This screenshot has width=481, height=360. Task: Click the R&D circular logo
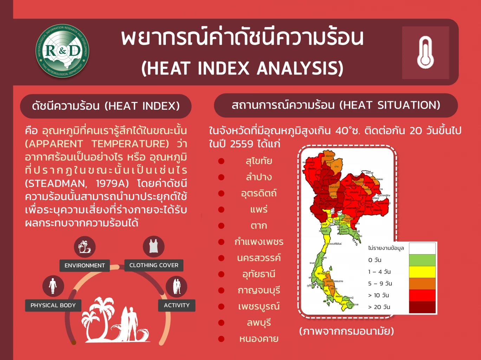click(63, 51)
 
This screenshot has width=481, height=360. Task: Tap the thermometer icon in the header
click(425, 53)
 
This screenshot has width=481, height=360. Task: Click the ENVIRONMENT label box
click(85, 265)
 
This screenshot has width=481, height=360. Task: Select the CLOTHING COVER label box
click(154, 265)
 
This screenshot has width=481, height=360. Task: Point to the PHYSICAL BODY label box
click(53, 305)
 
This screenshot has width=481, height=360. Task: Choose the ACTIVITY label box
click(176, 305)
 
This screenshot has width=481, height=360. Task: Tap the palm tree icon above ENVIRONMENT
click(85, 247)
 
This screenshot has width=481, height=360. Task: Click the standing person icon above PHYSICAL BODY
click(53, 286)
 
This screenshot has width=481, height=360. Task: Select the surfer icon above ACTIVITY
click(176, 287)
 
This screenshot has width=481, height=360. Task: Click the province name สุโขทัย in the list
click(259, 161)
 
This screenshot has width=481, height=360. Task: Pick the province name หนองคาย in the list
click(259, 339)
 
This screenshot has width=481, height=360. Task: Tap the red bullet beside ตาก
click(221, 226)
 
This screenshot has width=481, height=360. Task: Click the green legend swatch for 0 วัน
click(422, 260)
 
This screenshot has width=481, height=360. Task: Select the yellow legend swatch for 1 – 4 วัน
click(422, 272)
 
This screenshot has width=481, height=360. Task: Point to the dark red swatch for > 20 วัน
click(422, 307)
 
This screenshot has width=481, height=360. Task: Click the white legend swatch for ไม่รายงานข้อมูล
click(422, 248)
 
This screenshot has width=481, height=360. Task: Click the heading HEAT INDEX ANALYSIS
click(242, 68)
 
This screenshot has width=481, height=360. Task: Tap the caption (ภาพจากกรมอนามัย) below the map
click(346, 331)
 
